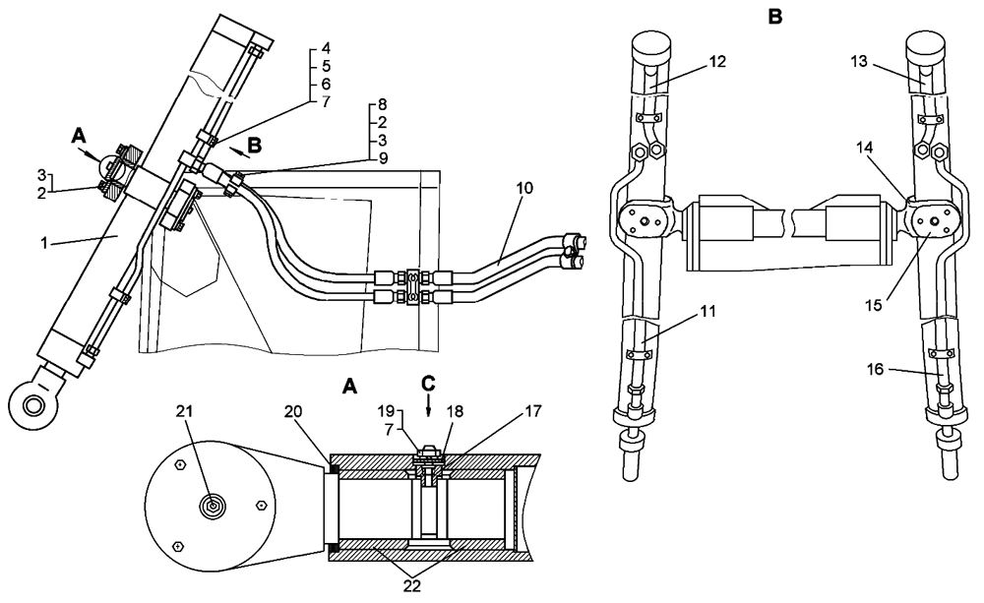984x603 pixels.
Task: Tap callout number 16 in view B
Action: click(875, 369)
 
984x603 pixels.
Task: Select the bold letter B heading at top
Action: click(775, 17)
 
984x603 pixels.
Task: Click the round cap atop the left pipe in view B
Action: click(648, 44)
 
